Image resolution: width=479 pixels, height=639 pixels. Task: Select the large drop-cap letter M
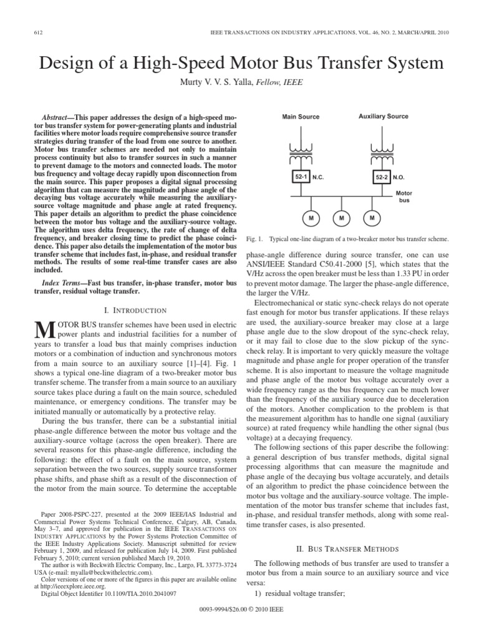39,330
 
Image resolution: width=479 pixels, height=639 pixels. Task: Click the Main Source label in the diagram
301,117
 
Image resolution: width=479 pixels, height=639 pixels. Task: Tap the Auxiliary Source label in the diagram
383,117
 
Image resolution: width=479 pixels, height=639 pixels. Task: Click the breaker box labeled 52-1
301,177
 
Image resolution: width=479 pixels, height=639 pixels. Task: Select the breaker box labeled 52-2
381,177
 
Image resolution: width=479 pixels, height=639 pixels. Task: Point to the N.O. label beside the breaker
399,178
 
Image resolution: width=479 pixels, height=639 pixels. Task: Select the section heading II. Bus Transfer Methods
354,549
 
